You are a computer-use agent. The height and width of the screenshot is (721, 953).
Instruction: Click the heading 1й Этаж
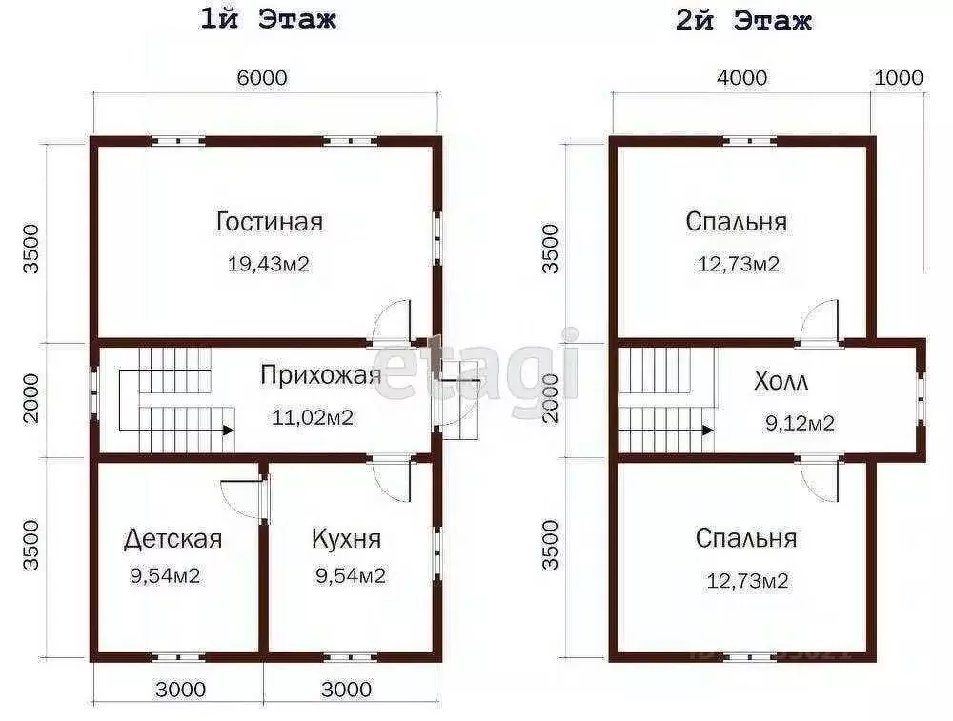(268, 20)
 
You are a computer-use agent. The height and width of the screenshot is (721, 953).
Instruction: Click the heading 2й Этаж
(743, 20)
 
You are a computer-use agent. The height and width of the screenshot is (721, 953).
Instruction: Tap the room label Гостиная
(269, 222)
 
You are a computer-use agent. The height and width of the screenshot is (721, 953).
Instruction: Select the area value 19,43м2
(269, 264)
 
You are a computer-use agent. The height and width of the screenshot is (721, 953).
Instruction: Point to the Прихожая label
(320, 374)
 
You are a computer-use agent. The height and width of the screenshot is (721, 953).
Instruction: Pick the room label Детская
(172, 539)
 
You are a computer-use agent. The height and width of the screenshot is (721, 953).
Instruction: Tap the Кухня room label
(346, 539)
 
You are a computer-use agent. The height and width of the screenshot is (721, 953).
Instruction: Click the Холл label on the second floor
(781, 383)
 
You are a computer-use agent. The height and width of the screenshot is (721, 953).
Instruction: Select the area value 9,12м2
(800, 423)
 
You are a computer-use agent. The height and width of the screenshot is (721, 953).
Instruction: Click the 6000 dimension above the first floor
(262, 78)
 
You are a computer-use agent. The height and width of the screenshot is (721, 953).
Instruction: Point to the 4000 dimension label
(741, 78)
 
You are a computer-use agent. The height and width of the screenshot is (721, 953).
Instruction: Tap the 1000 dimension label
(898, 78)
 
